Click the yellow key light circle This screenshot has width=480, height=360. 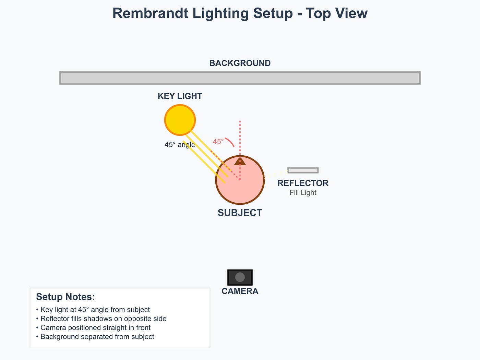pos(180,120)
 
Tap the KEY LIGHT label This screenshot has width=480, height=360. pos(180,96)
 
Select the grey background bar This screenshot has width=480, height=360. pos(240,78)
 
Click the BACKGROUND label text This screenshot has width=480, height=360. pos(240,63)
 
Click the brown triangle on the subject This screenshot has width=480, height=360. pos(240,161)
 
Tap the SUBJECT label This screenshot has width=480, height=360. pos(240,213)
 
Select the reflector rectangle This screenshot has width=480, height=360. pos(303,170)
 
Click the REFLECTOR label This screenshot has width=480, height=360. pos(303,183)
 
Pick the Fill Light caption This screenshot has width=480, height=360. pos(303,193)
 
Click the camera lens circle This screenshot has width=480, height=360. pos(240,277)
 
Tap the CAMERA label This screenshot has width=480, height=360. pos(240,291)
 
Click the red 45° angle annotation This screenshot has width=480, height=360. pos(218,142)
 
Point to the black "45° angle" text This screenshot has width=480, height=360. pos(180,145)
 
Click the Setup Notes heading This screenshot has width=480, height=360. pos(65,297)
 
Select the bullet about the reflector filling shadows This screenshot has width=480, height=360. pos(103,319)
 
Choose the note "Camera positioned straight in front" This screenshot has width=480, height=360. pos(95,328)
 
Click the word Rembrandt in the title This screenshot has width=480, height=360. pos(150,13)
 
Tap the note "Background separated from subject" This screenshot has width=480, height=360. pos(97,337)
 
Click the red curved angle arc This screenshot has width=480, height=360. pos(230,141)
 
